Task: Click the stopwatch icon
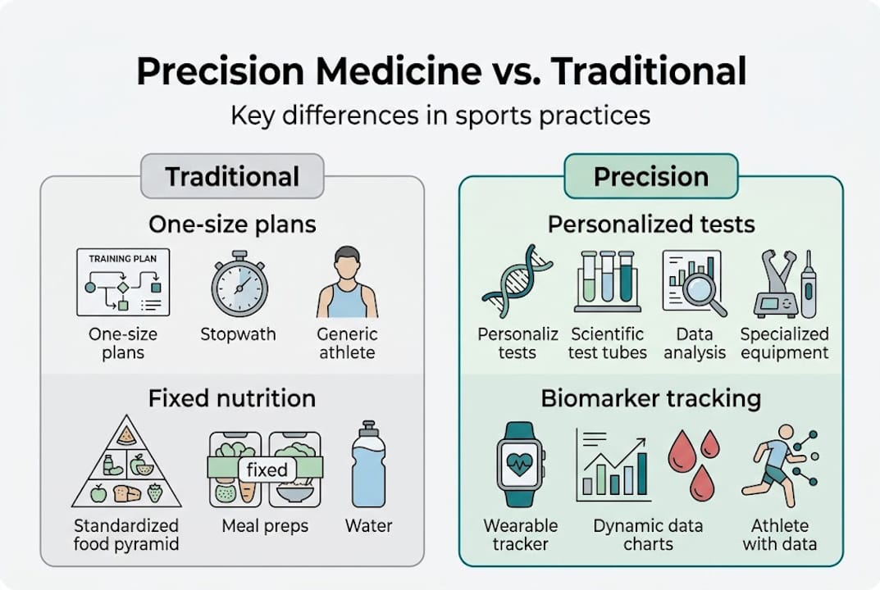tap(239, 284)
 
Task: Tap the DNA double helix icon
tap(517, 281)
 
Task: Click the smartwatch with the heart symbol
tap(520, 464)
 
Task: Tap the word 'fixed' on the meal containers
tap(267, 470)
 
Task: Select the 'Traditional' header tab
tap(232, 176)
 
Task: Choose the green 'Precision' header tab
tap(650, 176)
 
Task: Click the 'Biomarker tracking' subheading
tap(650, 399)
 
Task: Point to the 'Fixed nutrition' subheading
tap(232, 399)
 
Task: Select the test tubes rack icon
tap(607, 281)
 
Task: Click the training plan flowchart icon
tap(123, 282)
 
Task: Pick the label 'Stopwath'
tap(239, 334)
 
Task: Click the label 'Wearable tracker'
tap(520, 535)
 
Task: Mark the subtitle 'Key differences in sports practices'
tap(440, 115)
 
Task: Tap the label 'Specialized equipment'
tap(784, 343)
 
